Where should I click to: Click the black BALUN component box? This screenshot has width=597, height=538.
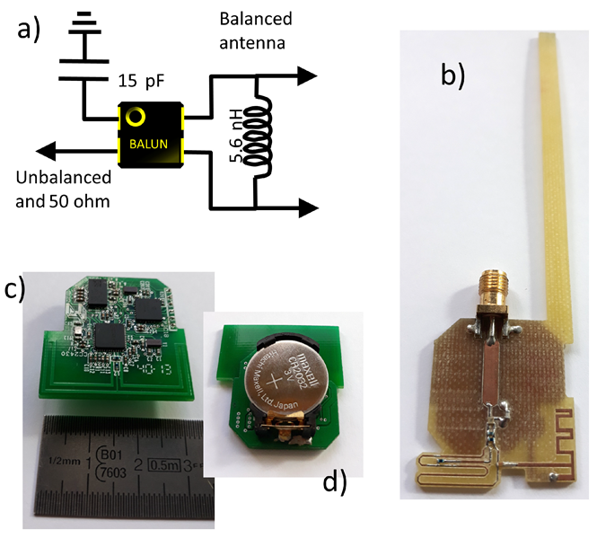(x=151, y=134)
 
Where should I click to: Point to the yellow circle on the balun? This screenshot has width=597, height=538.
(x=136, y=117)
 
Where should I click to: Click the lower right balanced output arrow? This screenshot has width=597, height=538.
(x=305, y=208)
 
